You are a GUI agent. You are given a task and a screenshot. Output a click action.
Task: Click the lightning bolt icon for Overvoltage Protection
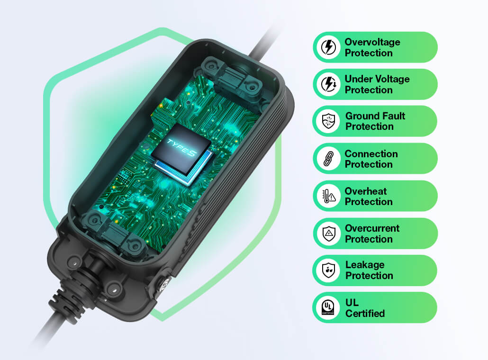(x=328, y=47)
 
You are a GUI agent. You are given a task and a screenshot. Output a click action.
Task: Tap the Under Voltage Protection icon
(x=329, y=84)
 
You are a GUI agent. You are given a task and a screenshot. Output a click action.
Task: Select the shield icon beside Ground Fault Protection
(x=328, y=121)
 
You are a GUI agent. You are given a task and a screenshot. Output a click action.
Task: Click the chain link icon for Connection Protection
(x=329, y=158)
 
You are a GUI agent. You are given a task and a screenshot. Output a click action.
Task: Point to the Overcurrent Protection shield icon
(x=329, y=234)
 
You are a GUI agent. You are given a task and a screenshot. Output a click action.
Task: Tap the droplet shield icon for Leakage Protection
(x=329, y=270)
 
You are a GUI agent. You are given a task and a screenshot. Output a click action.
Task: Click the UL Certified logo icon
(x=328, y=307)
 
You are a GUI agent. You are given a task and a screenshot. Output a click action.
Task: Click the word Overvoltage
(x=372, y=42)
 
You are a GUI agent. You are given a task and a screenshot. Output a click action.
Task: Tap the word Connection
(x=371, y=153)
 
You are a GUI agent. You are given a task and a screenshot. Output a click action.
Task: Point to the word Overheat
(x=366, y=191)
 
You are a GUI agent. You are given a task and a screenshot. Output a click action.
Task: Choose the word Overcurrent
(x=372, y=228)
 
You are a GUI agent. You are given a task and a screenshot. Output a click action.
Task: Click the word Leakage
(x=365, y=265)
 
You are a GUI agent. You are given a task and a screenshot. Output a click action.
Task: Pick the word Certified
(x=365, y=313)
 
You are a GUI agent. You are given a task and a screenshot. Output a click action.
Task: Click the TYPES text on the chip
(x=181, y=147)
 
